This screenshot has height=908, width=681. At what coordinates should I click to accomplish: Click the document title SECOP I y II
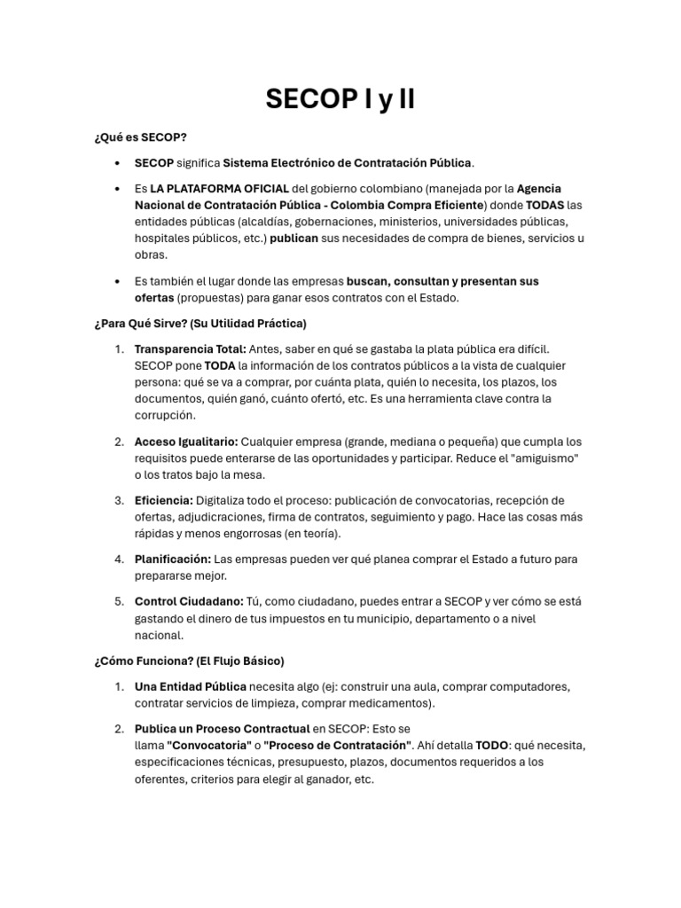coord(340,99)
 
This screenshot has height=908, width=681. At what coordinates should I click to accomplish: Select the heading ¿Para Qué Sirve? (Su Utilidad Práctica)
coord(200,323)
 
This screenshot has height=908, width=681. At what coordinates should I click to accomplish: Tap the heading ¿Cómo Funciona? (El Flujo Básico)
coord(188,661)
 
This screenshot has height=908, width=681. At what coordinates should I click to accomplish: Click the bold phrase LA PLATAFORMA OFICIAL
coord(219,189)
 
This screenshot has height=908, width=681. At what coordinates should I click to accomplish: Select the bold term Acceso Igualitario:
coord(186,442)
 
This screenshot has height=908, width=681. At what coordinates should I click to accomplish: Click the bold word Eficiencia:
coord(164,500)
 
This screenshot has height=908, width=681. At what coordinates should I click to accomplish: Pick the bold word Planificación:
coord(173,560)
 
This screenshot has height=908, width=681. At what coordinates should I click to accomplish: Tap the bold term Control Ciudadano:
coord(189,601)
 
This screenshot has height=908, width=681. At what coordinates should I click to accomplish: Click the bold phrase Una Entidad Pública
coord(190,686)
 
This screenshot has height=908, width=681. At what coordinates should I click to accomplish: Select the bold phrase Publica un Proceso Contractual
coord(222,729)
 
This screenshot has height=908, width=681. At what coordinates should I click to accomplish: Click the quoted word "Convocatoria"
coord(209,746)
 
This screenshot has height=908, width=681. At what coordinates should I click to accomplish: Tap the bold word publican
coord(294,239)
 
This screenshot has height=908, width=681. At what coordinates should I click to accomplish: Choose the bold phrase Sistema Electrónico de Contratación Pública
coord(348,163)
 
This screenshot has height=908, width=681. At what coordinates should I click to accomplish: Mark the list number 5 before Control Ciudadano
coord(119,601)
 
